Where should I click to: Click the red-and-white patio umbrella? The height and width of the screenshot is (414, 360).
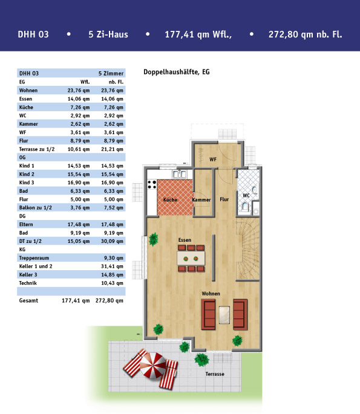(x=153, y=366)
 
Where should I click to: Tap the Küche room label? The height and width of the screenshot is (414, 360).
(x=170, y=199)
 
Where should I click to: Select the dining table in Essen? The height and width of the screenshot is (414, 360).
(x=191, y=258)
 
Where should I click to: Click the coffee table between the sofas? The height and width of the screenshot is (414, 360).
(x=224, y=315)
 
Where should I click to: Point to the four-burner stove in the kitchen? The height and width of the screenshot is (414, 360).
(x=152, y=184)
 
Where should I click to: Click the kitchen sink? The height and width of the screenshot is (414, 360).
(x=179, y=174)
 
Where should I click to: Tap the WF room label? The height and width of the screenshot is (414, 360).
(x=213, y=159)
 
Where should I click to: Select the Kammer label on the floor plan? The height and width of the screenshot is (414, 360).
(x=201, y=200)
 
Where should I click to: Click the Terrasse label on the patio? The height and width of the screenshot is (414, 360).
(x=215, y=374)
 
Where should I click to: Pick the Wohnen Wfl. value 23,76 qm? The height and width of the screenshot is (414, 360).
(x=79, y=91)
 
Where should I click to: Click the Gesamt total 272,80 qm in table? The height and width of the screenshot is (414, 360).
(x=110, y=300)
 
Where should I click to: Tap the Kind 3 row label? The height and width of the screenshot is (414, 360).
(x=27, y=183)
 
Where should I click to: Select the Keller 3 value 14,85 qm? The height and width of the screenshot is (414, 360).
(x=112, y=274)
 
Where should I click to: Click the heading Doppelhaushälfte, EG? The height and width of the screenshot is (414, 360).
(x=177, y=72)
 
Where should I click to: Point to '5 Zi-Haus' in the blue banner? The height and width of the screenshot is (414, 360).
(x=108, y=34)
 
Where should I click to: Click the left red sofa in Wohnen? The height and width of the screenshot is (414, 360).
(x=208, y=314)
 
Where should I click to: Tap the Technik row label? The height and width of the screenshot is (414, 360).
(x=28, y=283)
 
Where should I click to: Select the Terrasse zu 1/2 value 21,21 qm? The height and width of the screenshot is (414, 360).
(x=112, y=149)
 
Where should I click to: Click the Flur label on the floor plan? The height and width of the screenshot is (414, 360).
(x=224, y=199)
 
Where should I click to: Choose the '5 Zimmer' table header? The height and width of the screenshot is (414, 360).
(x=111, y=73)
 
